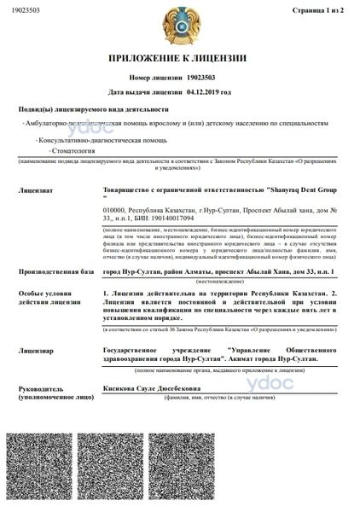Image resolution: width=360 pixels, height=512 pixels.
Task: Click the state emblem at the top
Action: coord(179,26)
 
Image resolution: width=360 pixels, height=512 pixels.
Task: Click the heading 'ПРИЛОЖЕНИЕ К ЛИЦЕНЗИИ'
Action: coord(179,57)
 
